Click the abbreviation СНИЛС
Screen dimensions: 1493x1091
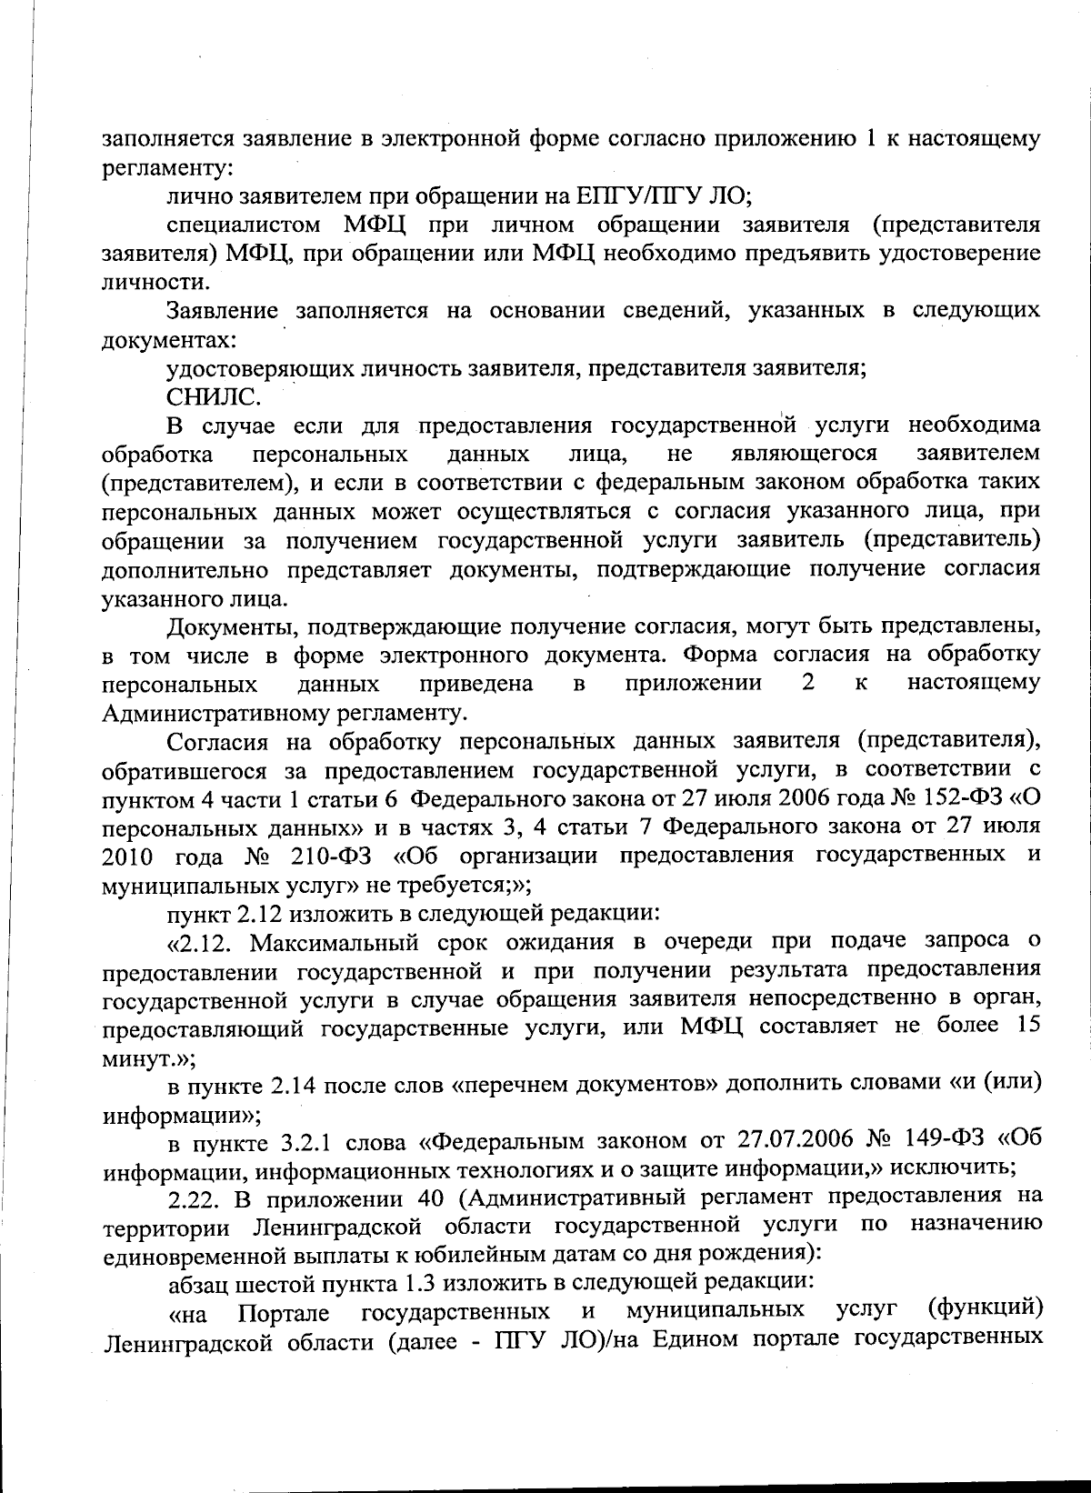[x=213, y=396]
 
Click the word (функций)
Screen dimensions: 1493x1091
[x=984, y=1308]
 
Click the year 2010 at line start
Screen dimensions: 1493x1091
[x=129, y=857]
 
